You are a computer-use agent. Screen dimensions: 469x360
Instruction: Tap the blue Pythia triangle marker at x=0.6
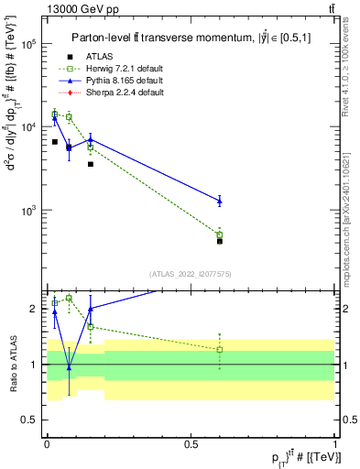tap(220, 201)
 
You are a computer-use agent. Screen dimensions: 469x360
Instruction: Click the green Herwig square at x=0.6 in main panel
tap(220, 234)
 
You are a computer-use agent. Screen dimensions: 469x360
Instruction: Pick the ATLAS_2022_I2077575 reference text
tap(191, 273)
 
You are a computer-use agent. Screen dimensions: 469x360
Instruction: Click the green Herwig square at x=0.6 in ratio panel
tap(220, 350)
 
